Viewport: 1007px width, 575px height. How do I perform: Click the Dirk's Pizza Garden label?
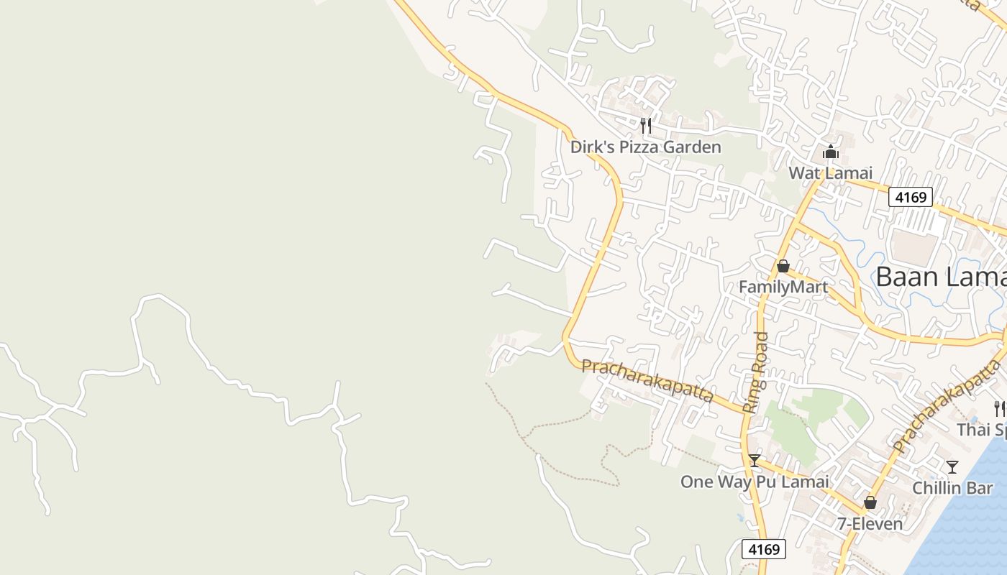pos(645,147)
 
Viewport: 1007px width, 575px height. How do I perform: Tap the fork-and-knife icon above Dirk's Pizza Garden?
pos(645,126)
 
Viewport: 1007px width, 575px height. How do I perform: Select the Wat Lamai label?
pos(830,173)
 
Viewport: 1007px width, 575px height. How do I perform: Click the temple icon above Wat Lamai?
pos(830,152)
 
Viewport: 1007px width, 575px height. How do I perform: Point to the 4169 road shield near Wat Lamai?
pos(910,196)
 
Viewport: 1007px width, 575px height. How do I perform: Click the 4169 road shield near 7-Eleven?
pos(763,549)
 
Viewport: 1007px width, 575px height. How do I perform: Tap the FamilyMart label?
pos(783,287)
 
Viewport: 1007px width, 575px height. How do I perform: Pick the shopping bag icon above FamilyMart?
pos(783,266)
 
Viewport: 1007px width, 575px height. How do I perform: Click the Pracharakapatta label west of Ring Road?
pos(647,381)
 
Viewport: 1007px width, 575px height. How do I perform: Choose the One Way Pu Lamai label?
pos(755,482)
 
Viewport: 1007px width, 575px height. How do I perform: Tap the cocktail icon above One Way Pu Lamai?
pos(755,461)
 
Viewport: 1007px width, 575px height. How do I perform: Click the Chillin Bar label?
pos(952,488)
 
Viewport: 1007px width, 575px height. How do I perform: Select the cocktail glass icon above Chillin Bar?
pos(952,467)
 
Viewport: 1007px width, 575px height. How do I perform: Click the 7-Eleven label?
pos(870,524)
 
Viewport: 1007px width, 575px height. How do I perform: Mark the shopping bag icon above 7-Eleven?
pos(870,502)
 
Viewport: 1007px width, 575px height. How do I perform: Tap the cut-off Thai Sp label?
pos(981,430)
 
